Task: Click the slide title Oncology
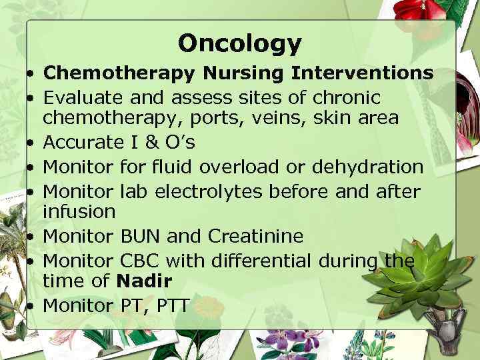pos(240,43)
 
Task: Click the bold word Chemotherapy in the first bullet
pos(119,73)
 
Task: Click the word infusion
pos(80,212)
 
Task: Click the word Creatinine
pos(256,237)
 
